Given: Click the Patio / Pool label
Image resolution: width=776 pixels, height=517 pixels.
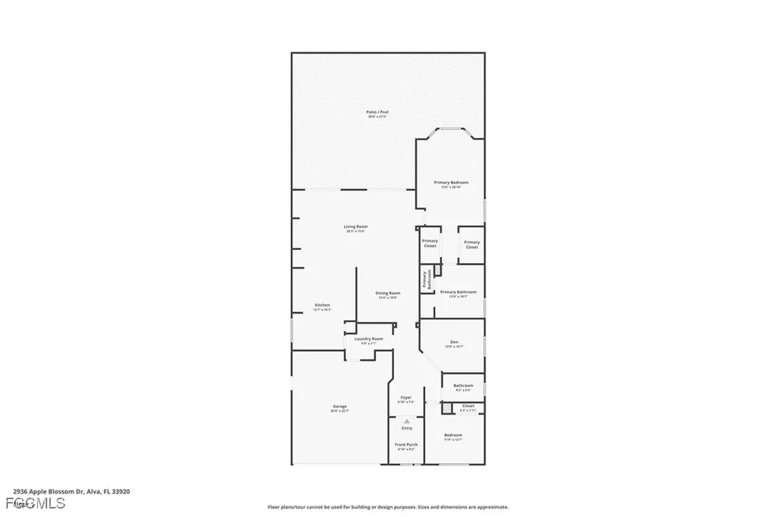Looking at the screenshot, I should click(x=377, y=112).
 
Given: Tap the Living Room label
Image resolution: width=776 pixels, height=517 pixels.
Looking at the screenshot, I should click(x=355, y=227).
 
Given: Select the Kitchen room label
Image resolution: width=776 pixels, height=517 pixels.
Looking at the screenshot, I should click(x=322, y=305).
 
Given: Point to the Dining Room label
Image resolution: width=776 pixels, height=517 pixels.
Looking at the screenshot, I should click(x=388, y=293).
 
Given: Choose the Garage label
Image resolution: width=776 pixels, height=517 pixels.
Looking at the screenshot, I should click(x=339, y=406).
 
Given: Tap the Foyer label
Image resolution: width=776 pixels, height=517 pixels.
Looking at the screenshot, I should click(x=406, y=397).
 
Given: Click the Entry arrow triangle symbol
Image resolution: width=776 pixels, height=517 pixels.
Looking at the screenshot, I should click(x=407, y=421).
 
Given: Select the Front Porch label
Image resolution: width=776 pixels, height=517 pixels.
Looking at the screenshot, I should click(x=406, y=445).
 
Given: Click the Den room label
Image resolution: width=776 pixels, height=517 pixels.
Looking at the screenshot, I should click(x=454, y=343).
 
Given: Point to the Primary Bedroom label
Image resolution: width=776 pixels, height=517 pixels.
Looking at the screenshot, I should click(x=451, y=183).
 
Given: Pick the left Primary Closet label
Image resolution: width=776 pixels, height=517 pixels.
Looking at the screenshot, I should click(x=430, y=243).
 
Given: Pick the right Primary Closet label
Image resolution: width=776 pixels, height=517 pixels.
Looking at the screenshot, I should click(x=471, y=243).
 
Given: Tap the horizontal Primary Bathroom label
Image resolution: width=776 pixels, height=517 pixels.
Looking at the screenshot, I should click(x=458, y=292).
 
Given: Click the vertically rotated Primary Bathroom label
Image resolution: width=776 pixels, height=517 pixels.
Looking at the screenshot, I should click(x=427, y=279).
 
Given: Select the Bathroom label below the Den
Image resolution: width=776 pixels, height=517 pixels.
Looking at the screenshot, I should click(x=463, y=386).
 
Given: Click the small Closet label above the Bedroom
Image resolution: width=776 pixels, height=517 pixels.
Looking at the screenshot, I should click(x=468, y=406).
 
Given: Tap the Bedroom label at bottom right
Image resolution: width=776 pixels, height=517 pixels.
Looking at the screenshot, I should click(x=453, y=435).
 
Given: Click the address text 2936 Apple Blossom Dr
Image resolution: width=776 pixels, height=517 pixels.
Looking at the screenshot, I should click(x=72, y=491).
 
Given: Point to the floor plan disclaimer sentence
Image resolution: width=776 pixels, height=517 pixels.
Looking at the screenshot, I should click(x=387, y=507).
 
